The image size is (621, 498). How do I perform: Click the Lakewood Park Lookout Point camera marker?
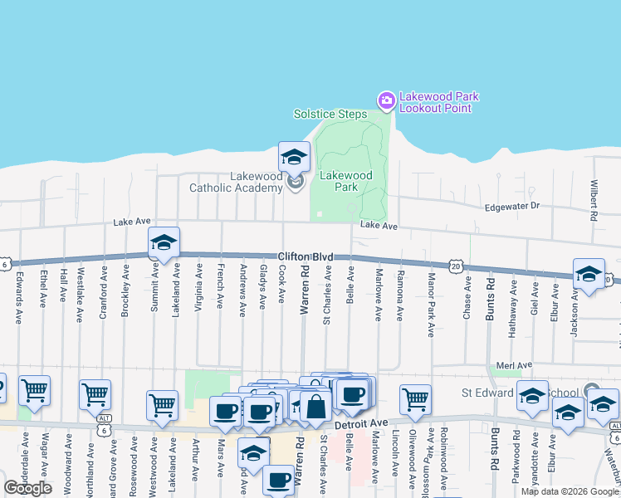[x=386, y=101]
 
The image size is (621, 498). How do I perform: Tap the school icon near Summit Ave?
[x=164, y=243]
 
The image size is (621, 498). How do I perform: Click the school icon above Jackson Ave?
[x=589, y=275]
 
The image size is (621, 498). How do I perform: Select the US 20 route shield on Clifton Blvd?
[x=455, y=266]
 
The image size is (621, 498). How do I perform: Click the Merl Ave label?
[x=520, y=365]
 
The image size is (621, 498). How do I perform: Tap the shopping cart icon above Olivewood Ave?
[x=414, y=398]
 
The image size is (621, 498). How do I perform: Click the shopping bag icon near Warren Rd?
[x=316, y=407]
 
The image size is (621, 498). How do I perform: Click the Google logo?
[x=28, y=488]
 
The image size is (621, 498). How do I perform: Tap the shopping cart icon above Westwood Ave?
[x=162, y=404]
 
